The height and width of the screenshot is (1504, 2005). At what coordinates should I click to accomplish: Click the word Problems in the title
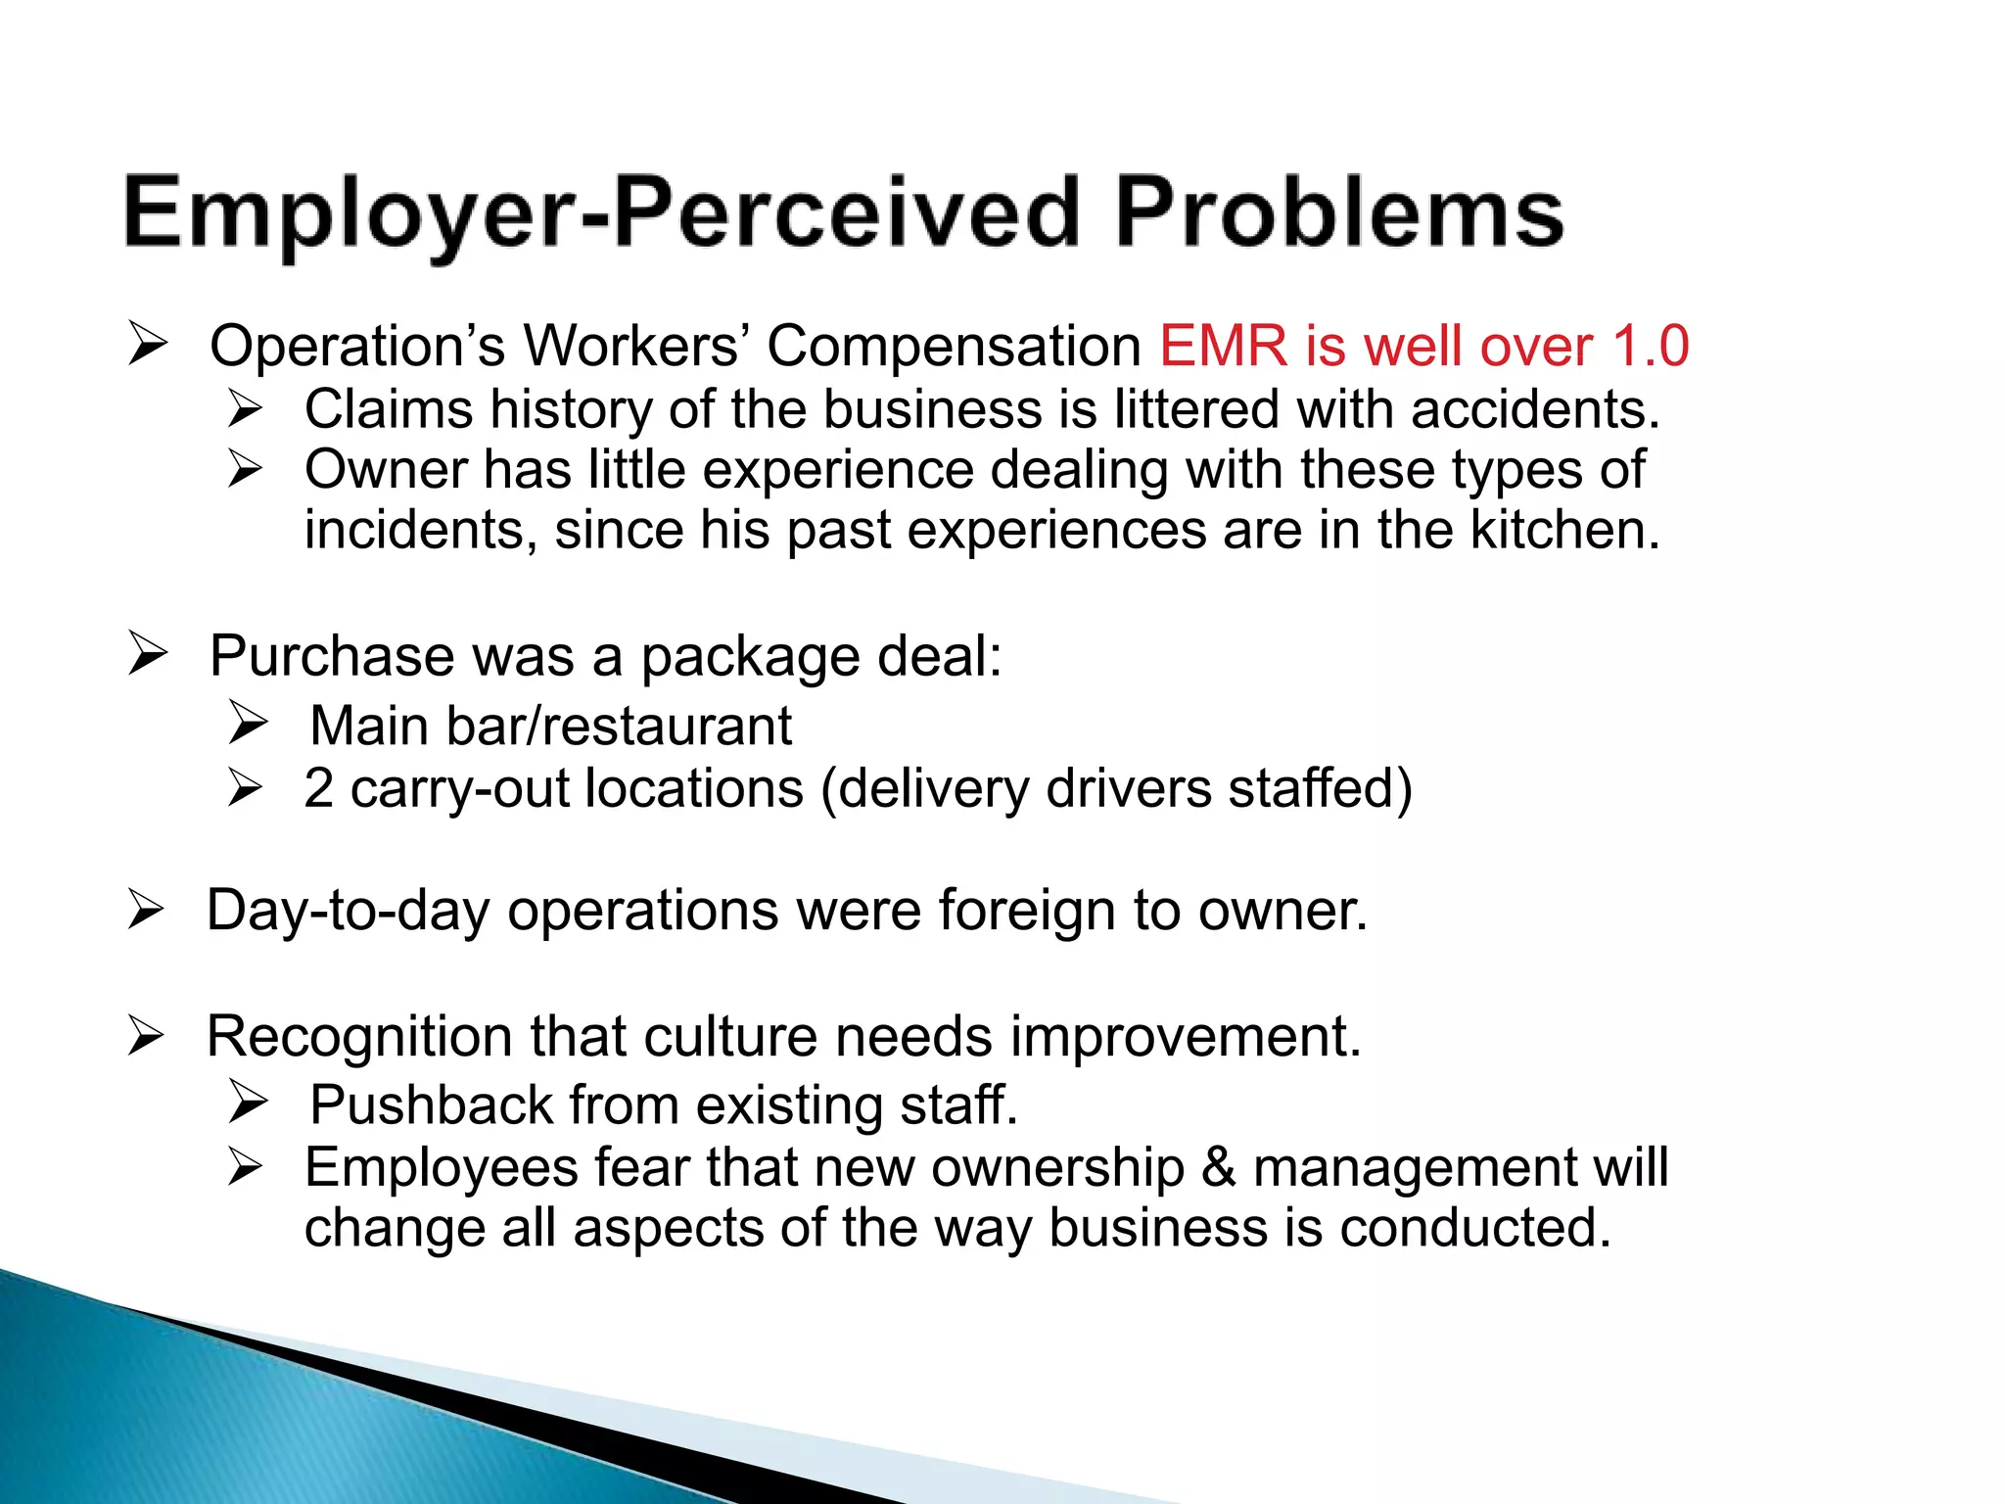coord(1338,213)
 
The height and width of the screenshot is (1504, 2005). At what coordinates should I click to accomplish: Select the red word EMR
coord(1223,347)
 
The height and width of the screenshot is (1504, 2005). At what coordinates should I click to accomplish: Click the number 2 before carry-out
coord(319,788)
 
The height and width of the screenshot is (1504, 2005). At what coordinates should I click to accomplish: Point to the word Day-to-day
coord(348,912)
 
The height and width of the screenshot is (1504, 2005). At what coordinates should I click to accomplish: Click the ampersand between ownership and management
coord(1218,1167)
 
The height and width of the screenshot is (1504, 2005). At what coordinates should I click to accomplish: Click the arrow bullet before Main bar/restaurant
coord(248,723)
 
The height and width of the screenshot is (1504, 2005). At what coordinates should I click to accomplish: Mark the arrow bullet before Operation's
coord(149,345)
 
